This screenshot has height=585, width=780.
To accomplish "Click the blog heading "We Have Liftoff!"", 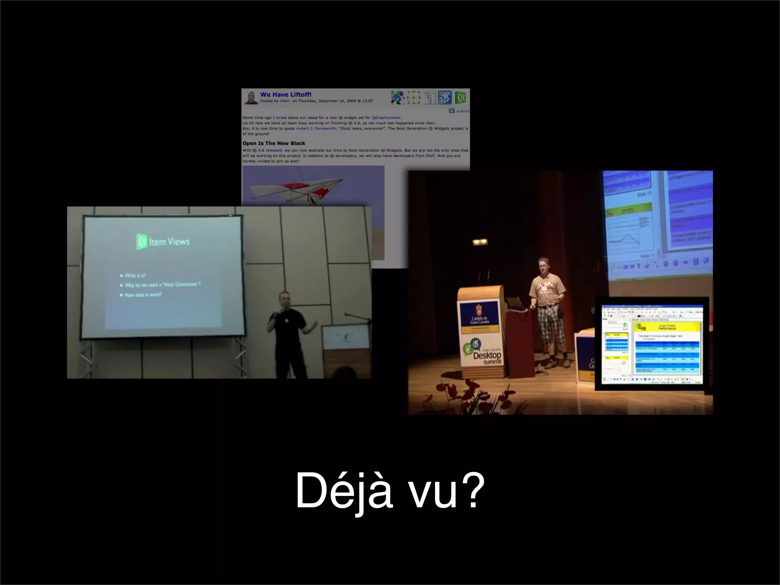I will pos(286,94).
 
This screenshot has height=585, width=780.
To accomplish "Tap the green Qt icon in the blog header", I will pos(461,97).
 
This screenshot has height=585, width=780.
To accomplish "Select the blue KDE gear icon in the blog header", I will pos(444,97).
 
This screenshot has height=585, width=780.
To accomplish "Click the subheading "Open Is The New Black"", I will pos(274,143).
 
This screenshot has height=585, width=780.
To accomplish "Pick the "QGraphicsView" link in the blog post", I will pos(386,118).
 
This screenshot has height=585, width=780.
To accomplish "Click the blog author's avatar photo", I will pos(251,98).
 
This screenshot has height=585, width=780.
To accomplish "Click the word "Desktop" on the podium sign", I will pos(487,355).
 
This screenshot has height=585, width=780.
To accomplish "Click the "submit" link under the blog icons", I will pos(462,111).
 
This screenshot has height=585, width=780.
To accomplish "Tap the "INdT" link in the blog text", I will pos(430,156).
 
